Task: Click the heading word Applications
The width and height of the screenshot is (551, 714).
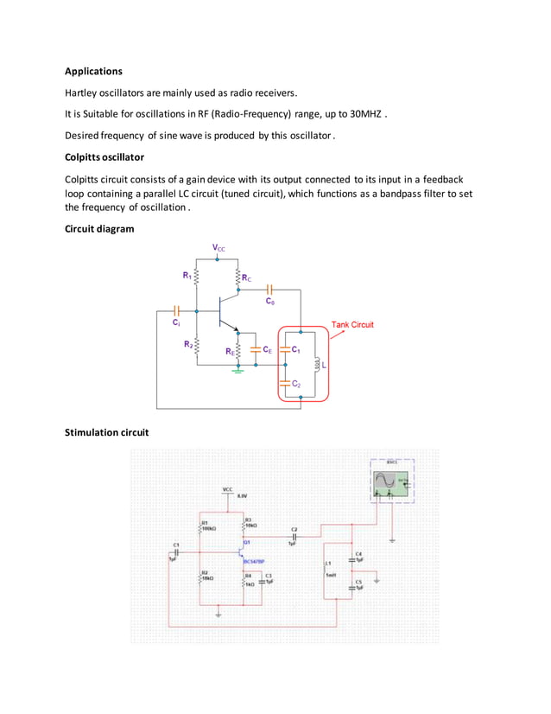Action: (94, 71)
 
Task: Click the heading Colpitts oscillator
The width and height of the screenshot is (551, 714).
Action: (104, 157)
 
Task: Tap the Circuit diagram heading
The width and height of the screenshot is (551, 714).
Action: (100, 228)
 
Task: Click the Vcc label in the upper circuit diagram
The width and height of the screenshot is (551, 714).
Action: (219, 248)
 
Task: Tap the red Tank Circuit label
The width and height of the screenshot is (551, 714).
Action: (352, 325)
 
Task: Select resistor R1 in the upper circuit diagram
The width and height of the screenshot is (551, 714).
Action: (198, 277)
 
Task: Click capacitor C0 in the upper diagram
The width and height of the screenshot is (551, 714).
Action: (270, 291)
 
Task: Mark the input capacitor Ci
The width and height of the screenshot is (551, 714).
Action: (176, 309)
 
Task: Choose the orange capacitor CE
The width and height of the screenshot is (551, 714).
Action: (256, 350)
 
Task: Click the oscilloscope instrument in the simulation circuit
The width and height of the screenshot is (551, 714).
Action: (391, 481)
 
